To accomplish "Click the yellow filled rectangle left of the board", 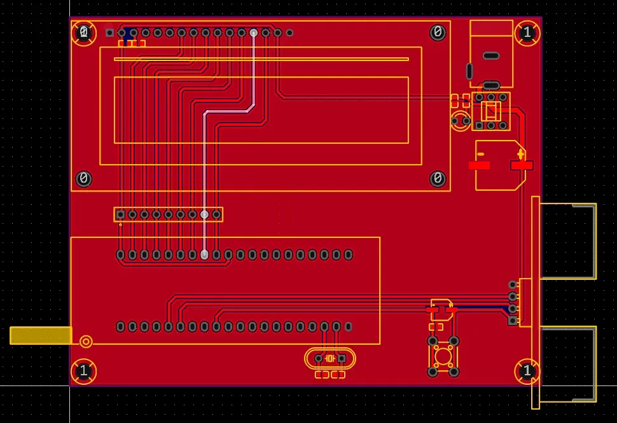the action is [x=41, y=335].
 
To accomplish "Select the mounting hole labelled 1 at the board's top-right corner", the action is [x=527, y=32].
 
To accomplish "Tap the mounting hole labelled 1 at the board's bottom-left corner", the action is [x=83, y=371].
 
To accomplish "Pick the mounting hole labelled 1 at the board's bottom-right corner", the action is [x=527, y=371].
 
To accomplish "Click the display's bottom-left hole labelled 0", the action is [x=83, y=179].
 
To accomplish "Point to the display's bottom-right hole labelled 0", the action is [x=438, y=179].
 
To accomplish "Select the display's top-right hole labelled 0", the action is [x=438, y=32].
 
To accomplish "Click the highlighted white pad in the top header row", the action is [x=254, y=32].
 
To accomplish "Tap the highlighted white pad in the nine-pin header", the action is [x=204, y=214].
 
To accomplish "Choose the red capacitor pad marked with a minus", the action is [x=479, y=165].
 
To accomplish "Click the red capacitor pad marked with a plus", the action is [x=522, y=165].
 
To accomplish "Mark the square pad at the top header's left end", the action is [x=110, y=32].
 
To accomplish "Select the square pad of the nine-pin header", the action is [x=121, y=214].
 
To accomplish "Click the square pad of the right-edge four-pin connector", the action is [x=512, y=321].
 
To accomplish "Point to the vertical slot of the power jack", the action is [x=469, y=71].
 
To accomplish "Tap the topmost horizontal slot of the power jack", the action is [x=491, y=56].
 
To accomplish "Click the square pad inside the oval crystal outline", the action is [x=342, y=359].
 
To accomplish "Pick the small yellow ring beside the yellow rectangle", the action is [x=86, y=341].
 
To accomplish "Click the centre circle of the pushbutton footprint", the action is [x=443, y=356].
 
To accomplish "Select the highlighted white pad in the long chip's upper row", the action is [x=204, y=254].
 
